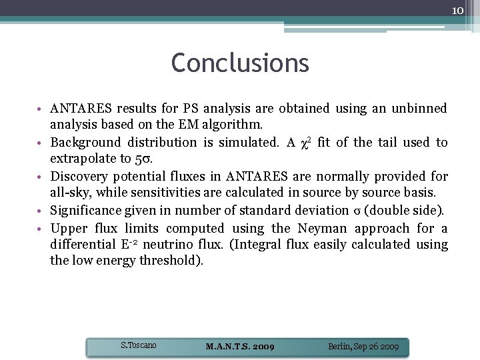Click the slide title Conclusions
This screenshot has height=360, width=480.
240,63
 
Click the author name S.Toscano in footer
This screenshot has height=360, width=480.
138,345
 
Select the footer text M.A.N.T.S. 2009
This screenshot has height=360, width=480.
240,347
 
